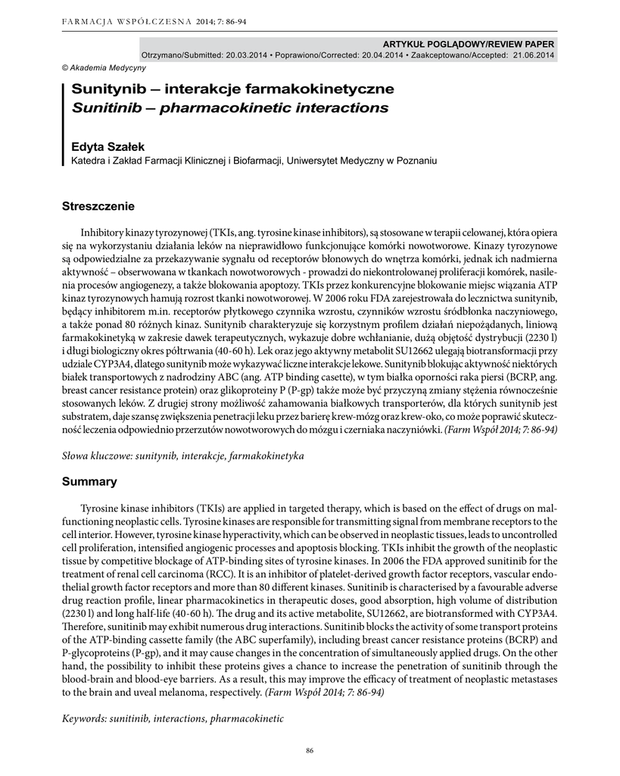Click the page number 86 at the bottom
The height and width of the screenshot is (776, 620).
tap(310, 750)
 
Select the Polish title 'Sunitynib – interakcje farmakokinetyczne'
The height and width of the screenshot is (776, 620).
tap(232, 89)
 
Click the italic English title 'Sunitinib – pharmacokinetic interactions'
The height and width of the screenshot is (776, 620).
tap(229, 108)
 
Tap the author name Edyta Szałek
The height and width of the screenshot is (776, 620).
tap(107, 146)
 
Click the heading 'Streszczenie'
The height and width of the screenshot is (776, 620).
tap(98, 205)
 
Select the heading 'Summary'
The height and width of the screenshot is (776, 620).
tap(89, 481)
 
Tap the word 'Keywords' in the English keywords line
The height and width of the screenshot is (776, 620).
tap(83, 718)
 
